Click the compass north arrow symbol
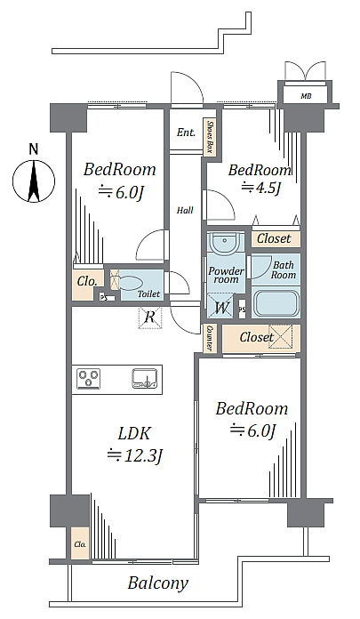coord(34,181)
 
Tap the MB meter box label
coord(306,96)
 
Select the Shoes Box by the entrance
coord(210,137)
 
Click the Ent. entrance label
coord(186,133)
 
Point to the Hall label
coord(185,210)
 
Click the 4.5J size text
coord(261,187)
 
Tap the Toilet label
coord(148,293)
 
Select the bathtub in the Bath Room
coord(275,303)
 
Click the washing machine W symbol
coord(221,306)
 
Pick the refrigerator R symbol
coord(150,317)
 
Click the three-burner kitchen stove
coord(88,379)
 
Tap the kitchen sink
coord(145,379)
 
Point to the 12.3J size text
coord(135,455)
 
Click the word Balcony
coord(158,583)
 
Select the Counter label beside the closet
coord(209,338)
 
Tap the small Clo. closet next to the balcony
coord(80,543)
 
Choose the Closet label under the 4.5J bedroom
coord(274,238)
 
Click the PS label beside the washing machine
coord(242,309)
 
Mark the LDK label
coord(134,434)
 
